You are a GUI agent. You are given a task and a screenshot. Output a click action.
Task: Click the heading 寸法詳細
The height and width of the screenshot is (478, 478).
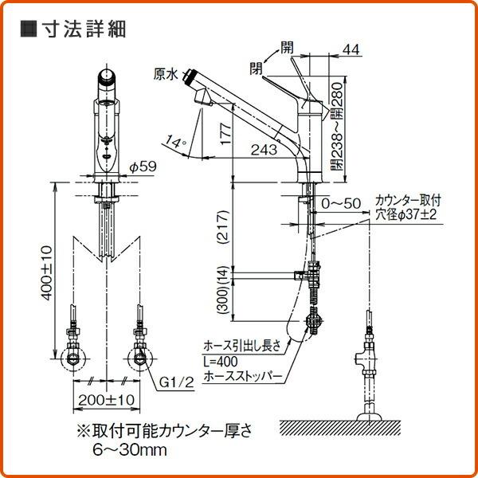(x=82, y=29)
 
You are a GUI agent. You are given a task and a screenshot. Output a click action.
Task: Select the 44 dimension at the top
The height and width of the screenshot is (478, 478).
(x=350, y=49)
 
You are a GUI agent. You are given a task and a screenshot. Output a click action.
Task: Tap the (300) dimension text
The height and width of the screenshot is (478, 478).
(x=224, y=298)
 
